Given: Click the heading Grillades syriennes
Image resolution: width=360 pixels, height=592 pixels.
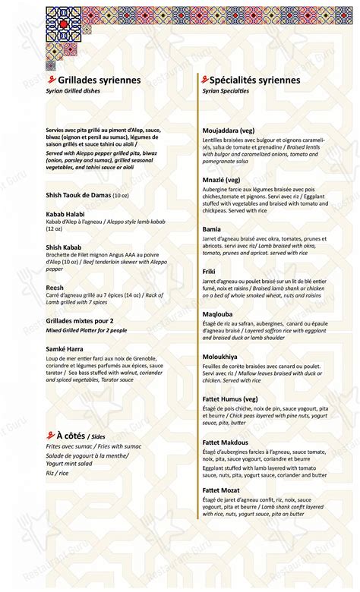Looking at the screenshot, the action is pyautogui.click(x=94, y=80).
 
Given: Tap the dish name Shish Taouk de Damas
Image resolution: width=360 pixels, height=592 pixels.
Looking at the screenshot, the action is pyautogui.click(x=78, y=195).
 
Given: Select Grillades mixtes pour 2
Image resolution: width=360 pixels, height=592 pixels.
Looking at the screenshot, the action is pyautogui.click(x=80, y=320).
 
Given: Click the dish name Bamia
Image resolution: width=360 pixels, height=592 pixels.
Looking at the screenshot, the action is pyautogui.click(x=212, y=228).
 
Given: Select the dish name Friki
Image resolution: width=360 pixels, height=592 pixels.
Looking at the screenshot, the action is pyautogui.click(x=210, y=270).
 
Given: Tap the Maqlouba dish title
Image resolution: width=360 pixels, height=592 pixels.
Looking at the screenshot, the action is pyautogui.click(x=218, y=313).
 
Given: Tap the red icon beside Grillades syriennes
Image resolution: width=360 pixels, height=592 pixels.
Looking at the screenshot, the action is pyautogui.click(x=51, y=79).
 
